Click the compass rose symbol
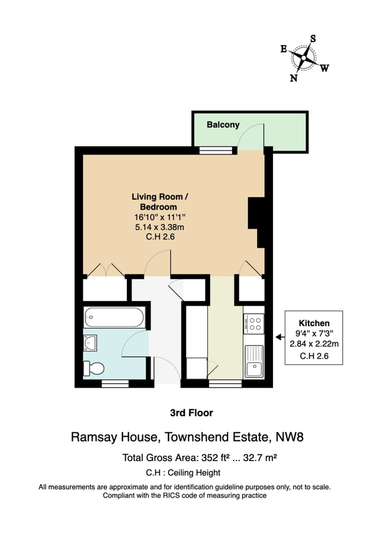pyautogui.click(x=304, y=58)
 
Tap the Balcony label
pyautogui.click(x=223, y=124)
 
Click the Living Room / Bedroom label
pyautogui.click(x=159, y=202)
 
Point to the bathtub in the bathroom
pyautogui.click(x=115, y=319)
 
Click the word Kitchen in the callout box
pyautogui.click(x=313, y=324)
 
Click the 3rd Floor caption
pyautogui.click(x=192, y=412)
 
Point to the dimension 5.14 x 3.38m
pyautogui.click(x=159, y=226)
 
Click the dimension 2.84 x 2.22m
pyautogui.click(x=313, y=345)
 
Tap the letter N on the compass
pyautogui.click(x=294, y=78)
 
